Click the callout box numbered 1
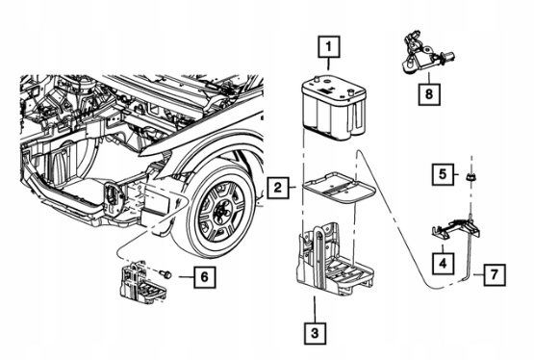[x=329, y=46]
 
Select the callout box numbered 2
[x=278, y=188]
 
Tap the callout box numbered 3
[x=315, y=332]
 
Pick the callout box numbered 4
[x=443, y=264]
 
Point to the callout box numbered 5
[x=443, y=174]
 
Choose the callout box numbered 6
[x=204, y=277]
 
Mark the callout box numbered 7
[x=495, y=275]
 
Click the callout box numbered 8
[x=429, y=93]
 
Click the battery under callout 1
[x=334, y=109]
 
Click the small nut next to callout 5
[x=471, y=176]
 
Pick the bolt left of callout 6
[x=166, y=273]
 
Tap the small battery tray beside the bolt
[x=142, y=283]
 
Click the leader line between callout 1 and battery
[x=329, y=64]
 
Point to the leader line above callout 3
[x=315, y=309]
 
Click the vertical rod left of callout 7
[x=470, y=248]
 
